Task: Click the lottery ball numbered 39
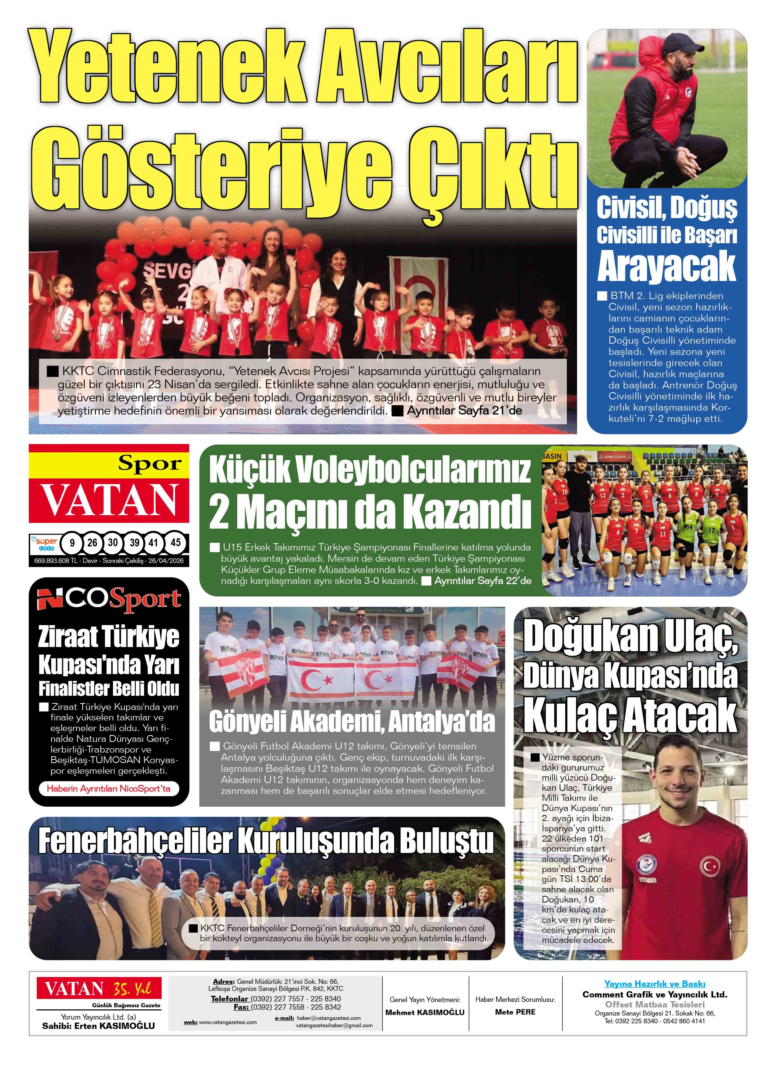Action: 134,543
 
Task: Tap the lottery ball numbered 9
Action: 72,543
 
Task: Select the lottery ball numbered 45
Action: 175,543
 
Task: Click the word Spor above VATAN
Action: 150,464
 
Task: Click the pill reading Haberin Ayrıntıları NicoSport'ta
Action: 109,788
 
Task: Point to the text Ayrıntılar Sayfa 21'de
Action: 464,410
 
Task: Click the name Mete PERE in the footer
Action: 515,1012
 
